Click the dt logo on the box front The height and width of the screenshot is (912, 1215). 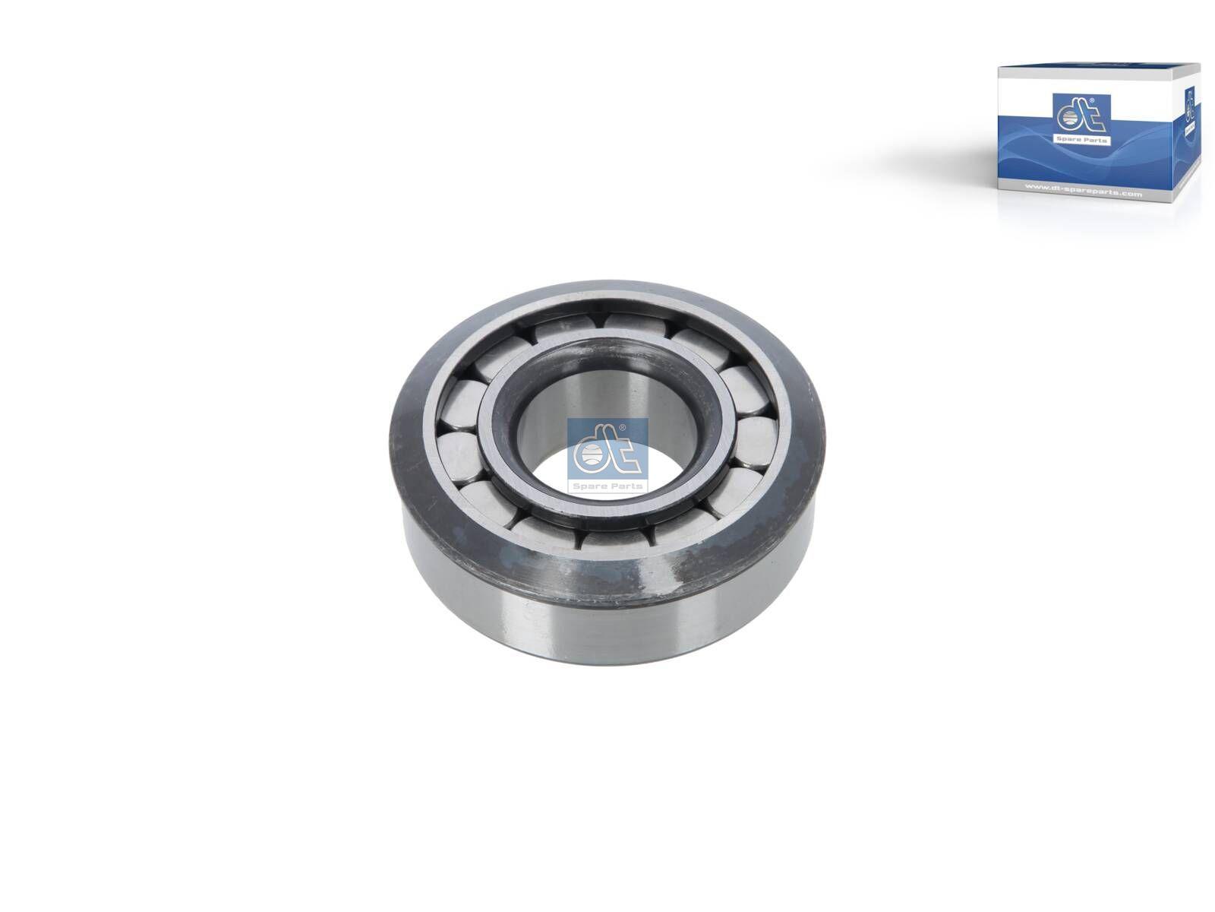tap(1081, 115)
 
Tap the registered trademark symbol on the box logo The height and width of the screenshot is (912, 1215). tap(1092, 100)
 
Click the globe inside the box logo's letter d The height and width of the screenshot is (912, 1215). tap(1070, 117)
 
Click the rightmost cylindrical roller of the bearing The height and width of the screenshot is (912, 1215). tap(756, 442)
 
